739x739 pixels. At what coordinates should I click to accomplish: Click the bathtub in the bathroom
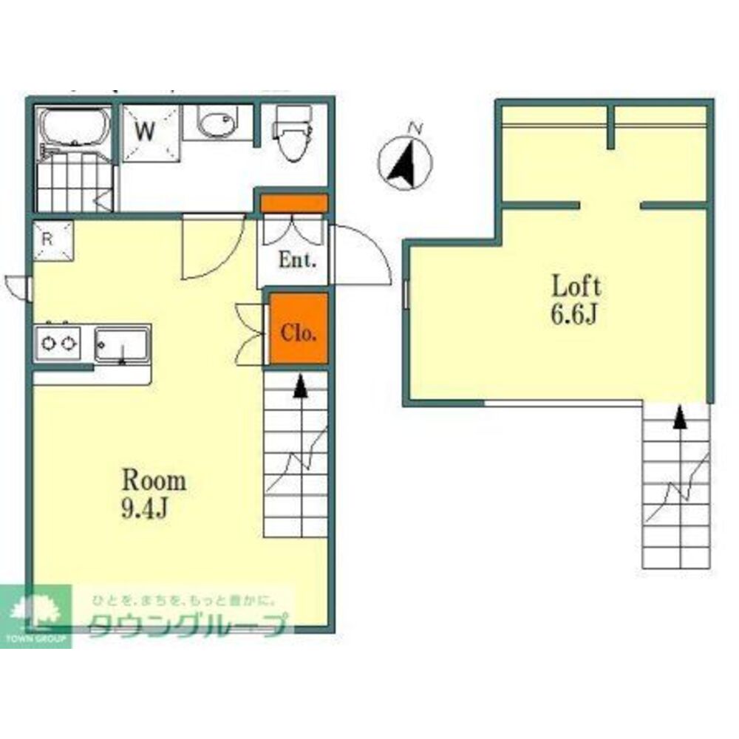click(75, 127)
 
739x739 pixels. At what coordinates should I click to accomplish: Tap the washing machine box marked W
click(151, 133)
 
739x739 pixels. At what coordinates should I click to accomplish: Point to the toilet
click(293, 133)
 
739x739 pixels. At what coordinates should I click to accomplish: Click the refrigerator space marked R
click(52, 240)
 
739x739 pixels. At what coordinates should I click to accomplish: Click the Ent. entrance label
click(297, 259)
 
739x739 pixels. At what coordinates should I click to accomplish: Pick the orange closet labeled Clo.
click(299, 328)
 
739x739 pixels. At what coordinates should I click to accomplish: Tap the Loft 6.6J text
click(576, 300)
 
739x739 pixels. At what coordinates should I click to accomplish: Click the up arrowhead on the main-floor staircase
click(299, 387)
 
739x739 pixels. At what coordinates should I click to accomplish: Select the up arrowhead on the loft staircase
click(679, 418)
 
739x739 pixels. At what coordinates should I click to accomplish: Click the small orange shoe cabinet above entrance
click(294, 204)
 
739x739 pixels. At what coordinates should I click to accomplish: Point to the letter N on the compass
click(415, 127)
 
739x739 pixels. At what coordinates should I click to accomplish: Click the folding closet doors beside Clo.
click(249, 334)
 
